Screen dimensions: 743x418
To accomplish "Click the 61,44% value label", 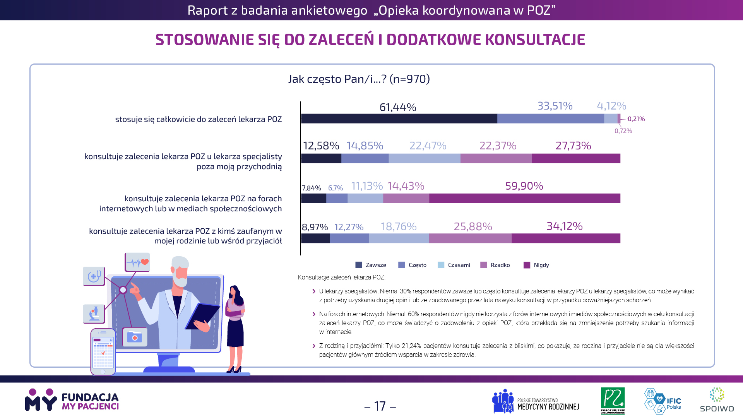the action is point(398,107).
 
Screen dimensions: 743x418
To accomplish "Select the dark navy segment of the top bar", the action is point(399,118).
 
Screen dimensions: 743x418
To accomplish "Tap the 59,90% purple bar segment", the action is point(525,199).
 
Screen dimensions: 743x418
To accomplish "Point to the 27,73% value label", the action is point(573,146).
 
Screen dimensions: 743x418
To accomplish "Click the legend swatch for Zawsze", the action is point(359,265).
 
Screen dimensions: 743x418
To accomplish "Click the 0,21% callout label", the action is point(636,119).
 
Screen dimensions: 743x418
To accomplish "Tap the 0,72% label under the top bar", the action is point(623,131).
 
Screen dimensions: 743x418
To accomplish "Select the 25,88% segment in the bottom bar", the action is point(470,238).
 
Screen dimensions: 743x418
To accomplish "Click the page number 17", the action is point(380,406).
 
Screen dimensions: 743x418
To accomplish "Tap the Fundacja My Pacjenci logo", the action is point(72,400).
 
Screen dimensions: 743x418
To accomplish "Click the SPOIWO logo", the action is point(717,400).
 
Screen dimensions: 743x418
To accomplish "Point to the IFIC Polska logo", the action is point(663,401).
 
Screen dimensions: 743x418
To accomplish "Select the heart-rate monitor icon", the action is point(137,262).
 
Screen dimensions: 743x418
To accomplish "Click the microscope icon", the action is point(94,313).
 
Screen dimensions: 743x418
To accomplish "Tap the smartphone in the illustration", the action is point(103,351).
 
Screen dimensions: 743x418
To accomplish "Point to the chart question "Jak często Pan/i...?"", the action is point(359,79).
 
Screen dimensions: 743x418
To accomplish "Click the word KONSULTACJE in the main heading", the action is point(535,39).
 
